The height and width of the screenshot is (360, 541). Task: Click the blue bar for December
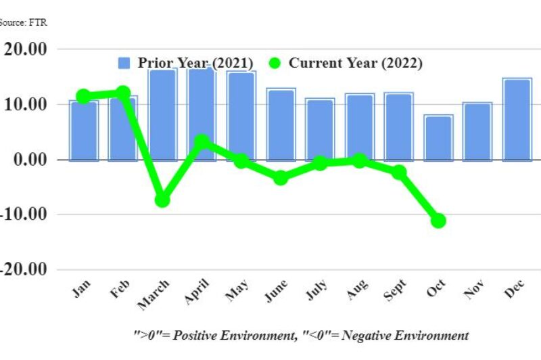516,120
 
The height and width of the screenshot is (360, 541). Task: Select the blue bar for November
477,132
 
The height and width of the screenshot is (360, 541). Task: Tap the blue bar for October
438,138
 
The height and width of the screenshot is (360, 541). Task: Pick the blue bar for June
281,125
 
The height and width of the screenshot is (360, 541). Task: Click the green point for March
162,200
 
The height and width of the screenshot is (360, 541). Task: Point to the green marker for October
438,221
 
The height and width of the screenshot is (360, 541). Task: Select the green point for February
123,93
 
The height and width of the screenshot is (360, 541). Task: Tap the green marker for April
202,141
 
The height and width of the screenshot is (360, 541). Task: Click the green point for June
281,178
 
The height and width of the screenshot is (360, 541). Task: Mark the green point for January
84,97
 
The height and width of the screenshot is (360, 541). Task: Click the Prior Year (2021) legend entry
186,63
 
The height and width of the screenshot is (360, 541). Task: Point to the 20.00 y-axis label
25,49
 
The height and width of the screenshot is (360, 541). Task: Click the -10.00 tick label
24,215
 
